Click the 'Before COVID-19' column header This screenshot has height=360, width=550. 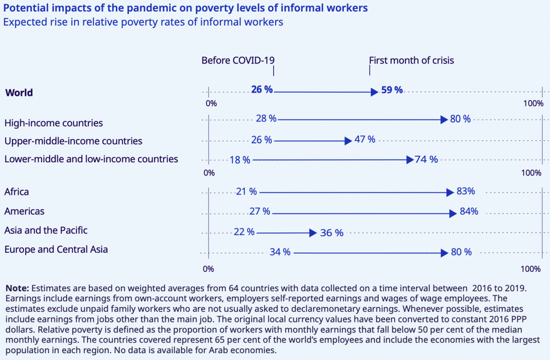coord(238,60)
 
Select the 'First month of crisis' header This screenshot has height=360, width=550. coord(411,60)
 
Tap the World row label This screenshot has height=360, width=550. coord(19,93)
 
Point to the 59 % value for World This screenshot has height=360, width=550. coord(392,90)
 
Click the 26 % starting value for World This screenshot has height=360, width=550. coord(262,90)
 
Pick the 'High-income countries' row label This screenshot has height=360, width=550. coord(53,122)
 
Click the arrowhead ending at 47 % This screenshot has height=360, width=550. coord(349,140)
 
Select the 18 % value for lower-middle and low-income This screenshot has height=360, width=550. coord(240,160)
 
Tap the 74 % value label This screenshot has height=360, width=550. coord(426,160)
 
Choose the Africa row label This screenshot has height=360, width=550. coord(17,192)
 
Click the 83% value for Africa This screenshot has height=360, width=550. coord(465,192)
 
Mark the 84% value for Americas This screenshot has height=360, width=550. coord(468,211)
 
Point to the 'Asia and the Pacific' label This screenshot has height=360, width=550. coord(46,230)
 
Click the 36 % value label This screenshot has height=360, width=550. coord(331,233)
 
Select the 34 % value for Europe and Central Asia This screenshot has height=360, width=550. coord(280,252)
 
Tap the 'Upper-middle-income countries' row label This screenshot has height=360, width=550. coord(73,141)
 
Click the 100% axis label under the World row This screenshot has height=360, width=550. coord(533,103)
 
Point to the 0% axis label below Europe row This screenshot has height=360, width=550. coord(208,269)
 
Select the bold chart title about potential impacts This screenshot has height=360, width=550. coord(186,8)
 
